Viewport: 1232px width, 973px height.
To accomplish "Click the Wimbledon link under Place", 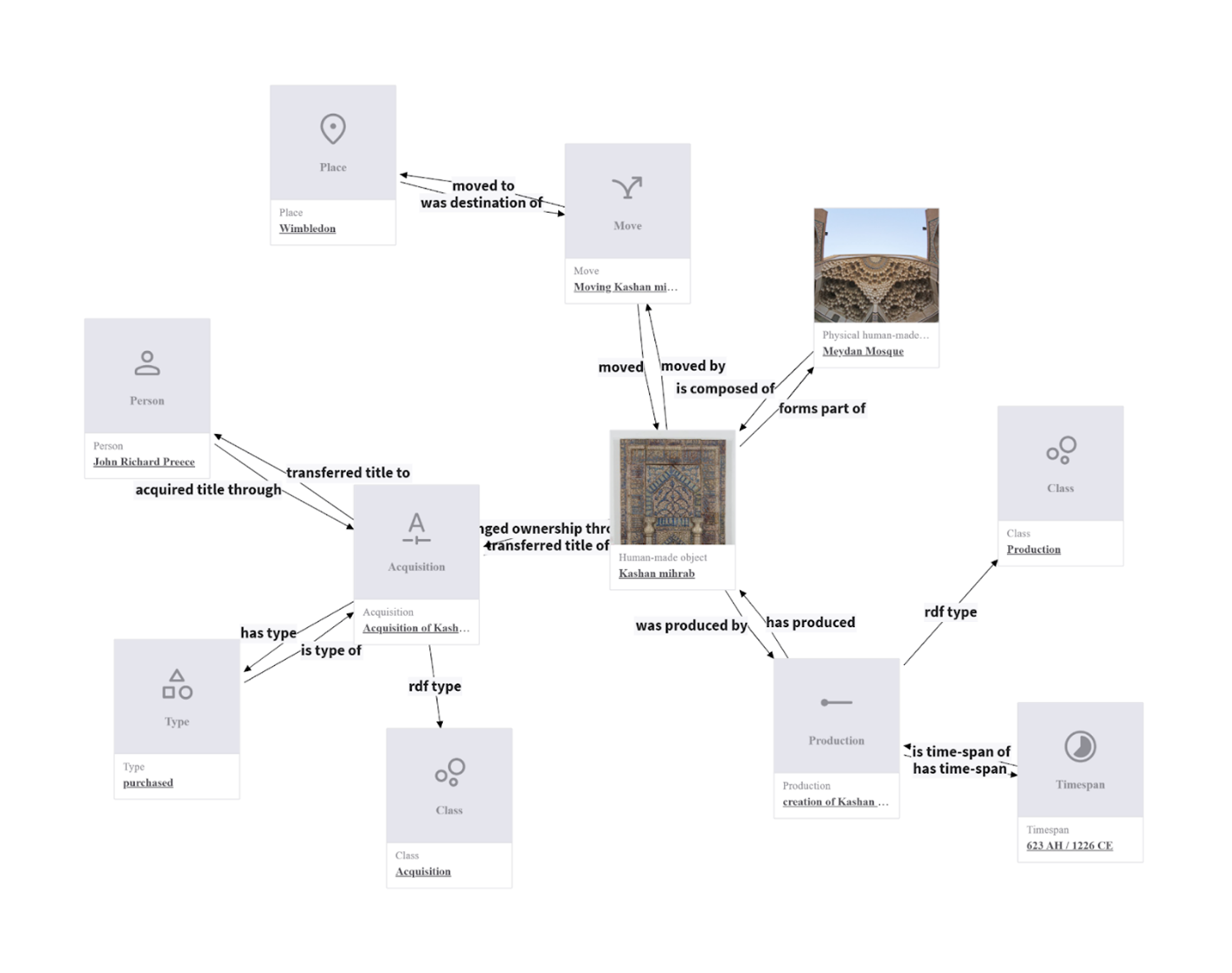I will pyautogui.click(x=307, y=228).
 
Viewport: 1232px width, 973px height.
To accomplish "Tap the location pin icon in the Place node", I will pyautogui.click(x=333, y=129).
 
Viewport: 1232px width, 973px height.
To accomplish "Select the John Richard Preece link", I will pyautogui.click(x=144, y=462).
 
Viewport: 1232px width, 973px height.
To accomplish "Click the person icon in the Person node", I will pyautogui.click(x=147, y=363).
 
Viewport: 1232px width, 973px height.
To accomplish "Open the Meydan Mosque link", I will pyautogui.click(x=863, y=351).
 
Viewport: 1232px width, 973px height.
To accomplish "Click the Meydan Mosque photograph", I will pyautogui.click(x=876, y=266).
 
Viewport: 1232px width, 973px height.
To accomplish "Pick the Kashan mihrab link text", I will pyautogui.click(x=656, y=573).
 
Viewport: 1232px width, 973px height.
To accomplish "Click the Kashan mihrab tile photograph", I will pyautogui.click(x=672, y=489).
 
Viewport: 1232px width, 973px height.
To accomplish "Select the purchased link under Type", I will pyautogui.click(x=148, y=783).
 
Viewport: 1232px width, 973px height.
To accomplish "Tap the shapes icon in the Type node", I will pyautogui.click(x=177, y=684).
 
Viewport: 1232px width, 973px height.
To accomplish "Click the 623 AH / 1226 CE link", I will pyautogui.click(x=1069, y=846).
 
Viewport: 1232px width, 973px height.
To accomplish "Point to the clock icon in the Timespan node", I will pyautogui.click(x=1080, y=746).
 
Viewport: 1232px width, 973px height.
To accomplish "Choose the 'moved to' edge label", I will pyautogui.click(x=483, y=186).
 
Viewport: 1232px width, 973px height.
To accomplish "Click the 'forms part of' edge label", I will pyautogui.click(x=821, y=408).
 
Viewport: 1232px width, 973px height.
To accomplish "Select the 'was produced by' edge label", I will pyautogui.click(x=690, y=625).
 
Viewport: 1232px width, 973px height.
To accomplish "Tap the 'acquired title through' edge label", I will pyautogui.click(x=208, y=490).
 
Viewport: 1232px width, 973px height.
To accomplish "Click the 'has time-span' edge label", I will pyautogui.click(x=959, y=769).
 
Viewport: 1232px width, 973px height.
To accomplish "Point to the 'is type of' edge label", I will pyautogui.click(x=330, y=650).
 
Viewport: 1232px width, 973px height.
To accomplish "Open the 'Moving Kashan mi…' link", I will pyautogui.click(x=625, y=287).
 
